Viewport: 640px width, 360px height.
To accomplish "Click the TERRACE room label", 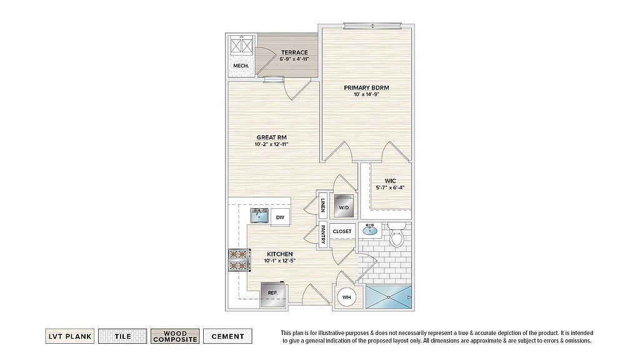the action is [294, 52].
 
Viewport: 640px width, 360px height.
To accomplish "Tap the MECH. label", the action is [241, 66].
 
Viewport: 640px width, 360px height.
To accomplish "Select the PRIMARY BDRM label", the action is [366, 87].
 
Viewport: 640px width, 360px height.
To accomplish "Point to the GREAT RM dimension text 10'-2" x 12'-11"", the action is [271, 144].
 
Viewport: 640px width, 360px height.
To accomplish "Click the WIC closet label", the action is [390, 181].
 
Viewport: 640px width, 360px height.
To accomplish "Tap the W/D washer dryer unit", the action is [344, 205].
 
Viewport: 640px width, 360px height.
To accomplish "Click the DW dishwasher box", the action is [280, 217].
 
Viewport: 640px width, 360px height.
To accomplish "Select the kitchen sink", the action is [259, 216].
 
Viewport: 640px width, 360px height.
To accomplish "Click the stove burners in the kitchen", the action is [239, 260].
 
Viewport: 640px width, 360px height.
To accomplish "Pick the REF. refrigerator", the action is [273, 294].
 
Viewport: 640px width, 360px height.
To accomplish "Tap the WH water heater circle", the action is [346, 297].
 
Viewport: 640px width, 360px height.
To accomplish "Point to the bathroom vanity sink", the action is [370, 230].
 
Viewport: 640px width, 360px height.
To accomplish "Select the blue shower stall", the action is [389, 297].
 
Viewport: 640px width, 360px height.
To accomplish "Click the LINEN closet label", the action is [323, 205].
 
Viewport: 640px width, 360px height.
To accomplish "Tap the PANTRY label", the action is [323, 235].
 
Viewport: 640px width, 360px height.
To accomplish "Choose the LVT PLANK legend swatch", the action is [70, 336].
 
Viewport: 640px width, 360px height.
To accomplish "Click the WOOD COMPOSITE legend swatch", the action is [175, 336].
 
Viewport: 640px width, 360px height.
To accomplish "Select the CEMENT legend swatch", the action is [227, 336].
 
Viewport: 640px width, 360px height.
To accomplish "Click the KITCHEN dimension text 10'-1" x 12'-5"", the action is [279, 261].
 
